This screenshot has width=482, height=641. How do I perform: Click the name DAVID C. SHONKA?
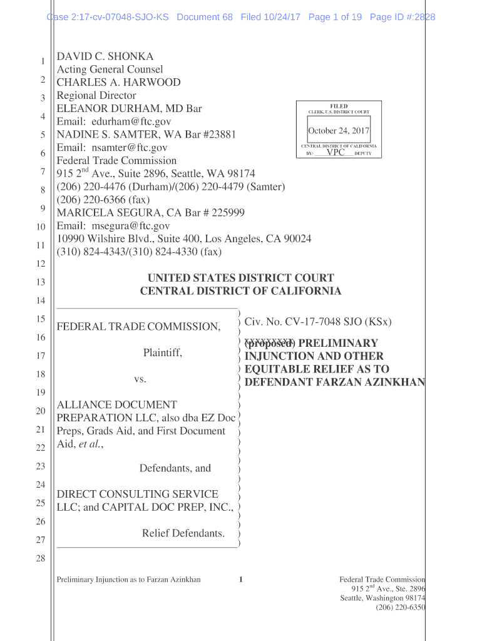[105, 56]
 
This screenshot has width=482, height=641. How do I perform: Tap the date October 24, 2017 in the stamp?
[339, 131]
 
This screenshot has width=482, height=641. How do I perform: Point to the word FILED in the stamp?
[339, 106]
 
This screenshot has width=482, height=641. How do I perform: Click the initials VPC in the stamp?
[336, 152]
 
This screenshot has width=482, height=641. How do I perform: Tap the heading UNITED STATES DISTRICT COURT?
[240, 278]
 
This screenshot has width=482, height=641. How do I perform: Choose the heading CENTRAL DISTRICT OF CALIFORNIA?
[240, 291]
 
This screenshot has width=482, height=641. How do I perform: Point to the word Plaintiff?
[163, 353]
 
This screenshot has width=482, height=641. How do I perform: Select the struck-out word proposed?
[269, 344]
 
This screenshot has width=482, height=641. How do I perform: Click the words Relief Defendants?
[183, 533]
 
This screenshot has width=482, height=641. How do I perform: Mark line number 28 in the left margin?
[41, 558]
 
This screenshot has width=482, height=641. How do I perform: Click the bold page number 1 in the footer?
[240, 580]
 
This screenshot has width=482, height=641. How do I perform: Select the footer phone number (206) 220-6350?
[400, 607]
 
